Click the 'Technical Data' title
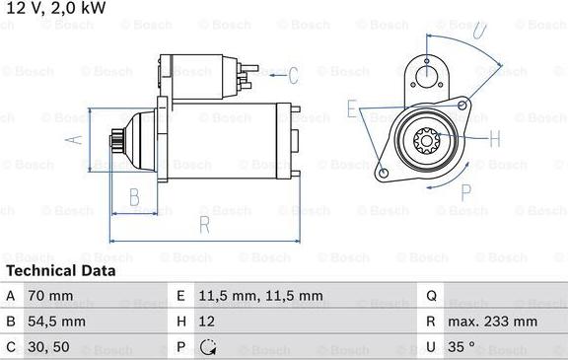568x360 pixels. pyautogui.click(x=60, y=270)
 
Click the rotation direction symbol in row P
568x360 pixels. pyautogui.click(x=209, y=347)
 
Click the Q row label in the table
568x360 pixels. pyautogui.click(x=431, y=296)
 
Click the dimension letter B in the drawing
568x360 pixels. pyautogui.click(x=134, y=196)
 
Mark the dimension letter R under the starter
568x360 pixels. pyautogui.click(x=204, y=225)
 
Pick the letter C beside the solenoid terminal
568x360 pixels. pyautogui.click(x=292, y=74)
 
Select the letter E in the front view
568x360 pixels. pyautogui.click(x=352, y=108)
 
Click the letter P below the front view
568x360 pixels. pyautogui.click(x=466, y=190)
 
